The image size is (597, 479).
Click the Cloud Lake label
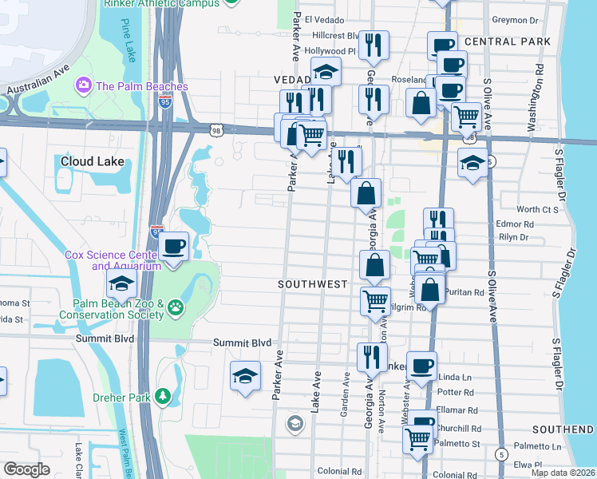93,161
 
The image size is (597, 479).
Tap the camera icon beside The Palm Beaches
83,85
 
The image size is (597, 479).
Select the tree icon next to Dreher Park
163,396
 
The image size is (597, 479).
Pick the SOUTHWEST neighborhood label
312,284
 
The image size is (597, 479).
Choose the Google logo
26,469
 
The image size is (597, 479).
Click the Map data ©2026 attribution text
563,473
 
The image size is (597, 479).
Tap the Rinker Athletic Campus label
161,4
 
